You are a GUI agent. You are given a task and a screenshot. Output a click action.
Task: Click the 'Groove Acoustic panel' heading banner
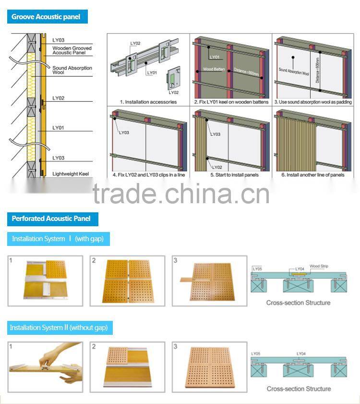46,17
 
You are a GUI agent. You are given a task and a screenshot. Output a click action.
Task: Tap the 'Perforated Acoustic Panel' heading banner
51,219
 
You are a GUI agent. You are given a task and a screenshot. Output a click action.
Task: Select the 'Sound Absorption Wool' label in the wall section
72,70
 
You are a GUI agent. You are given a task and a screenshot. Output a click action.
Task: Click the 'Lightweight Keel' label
70,174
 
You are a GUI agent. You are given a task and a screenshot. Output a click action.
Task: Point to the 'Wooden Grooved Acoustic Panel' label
72,50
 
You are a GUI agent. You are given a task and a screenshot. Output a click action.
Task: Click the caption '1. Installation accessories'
148,102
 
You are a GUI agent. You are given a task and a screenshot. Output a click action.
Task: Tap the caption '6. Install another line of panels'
312,175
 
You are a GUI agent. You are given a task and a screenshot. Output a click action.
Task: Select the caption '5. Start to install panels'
231,175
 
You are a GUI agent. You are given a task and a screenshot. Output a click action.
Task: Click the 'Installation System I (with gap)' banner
58,239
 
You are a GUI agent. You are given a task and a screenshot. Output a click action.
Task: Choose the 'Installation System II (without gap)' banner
59,328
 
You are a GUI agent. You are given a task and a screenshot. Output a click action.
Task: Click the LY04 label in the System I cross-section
300,269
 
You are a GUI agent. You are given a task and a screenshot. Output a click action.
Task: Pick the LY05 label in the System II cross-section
256,354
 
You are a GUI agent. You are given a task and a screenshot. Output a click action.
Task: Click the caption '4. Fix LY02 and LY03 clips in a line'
148,175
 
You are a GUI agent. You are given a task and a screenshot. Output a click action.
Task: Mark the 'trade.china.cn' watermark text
181,194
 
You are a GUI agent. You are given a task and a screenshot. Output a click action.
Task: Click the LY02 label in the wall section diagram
58,98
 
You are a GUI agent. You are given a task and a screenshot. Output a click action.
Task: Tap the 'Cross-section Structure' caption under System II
298,389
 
